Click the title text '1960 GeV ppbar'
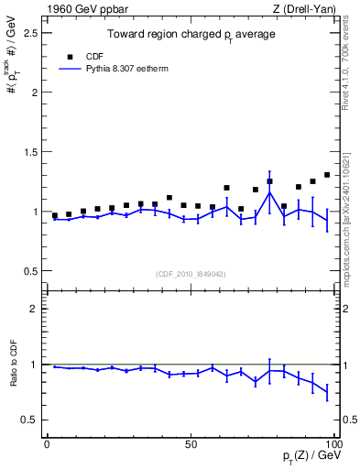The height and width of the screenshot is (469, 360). point(81,9)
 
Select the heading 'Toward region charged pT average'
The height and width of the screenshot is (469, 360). point(191,34)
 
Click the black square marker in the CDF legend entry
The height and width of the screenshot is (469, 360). point(68,55)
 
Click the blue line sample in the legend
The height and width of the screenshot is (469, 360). point(68,68)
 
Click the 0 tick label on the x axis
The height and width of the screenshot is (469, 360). point(47,443)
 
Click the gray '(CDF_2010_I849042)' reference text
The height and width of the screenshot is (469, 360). point(191,274)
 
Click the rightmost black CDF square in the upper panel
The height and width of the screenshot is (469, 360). point(327,175)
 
